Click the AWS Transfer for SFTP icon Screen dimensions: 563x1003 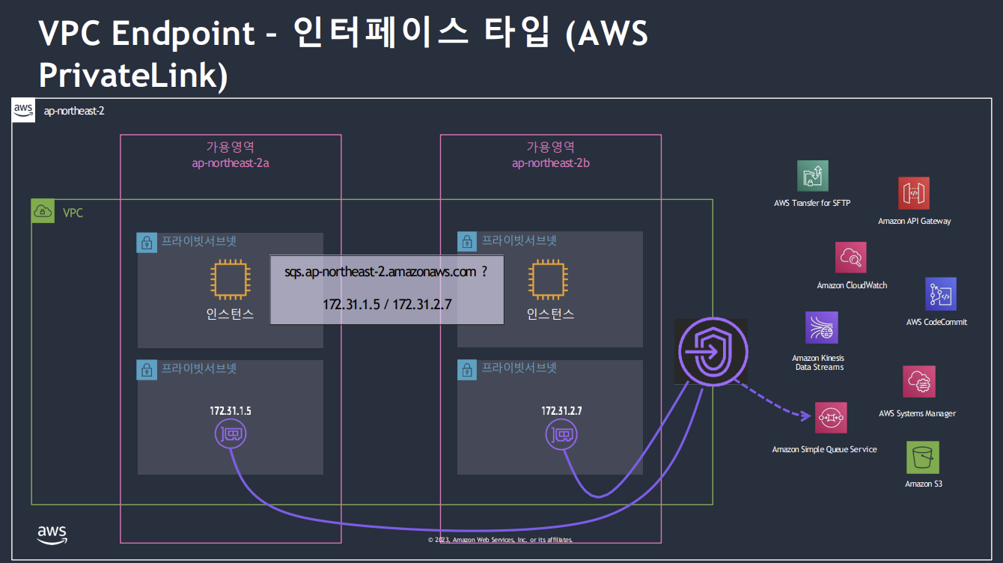click(813, 176)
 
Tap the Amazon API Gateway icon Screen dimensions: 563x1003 click(914, 193)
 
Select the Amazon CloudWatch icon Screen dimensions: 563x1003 click(851, 258)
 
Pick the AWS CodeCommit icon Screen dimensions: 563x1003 click(941, 294)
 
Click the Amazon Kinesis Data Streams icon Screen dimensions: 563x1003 click(822, 328)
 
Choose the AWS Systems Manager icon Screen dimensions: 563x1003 click(919, 382)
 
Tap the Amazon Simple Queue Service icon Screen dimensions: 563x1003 click(831, 418)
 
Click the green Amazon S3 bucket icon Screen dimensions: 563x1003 click(923, 457)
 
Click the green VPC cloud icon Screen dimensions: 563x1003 click(43, 212)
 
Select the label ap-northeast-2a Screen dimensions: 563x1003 click(230, 162)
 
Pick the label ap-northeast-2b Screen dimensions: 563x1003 click(550, 162)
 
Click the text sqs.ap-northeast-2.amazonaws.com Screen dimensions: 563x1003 click(380, 272)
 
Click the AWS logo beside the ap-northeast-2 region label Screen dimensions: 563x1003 click(23, 111)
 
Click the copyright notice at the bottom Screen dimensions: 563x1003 click(501, 540)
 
